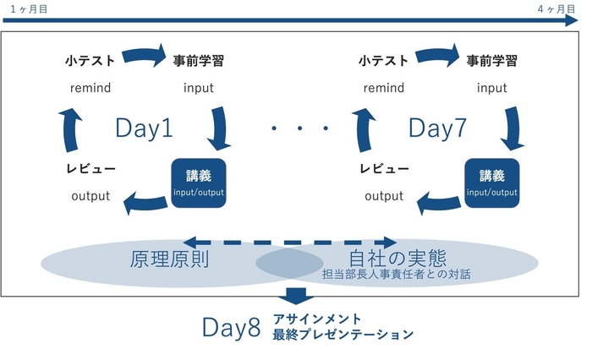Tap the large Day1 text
click(x=144, y=128)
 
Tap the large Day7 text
click(x=437, y=128)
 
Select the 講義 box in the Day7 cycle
click(x=491, y=182)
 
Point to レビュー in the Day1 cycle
click(x=91, y=169)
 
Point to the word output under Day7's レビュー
click(x=383, y=196)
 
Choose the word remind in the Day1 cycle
click(x=90, y=88)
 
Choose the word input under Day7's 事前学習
click(x=491, y=88)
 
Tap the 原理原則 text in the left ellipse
click(x=169, y=258)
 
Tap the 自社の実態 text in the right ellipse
click(x=397, y=255)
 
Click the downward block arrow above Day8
click(x=295, y=296)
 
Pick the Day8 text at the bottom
click(x=230, y=328)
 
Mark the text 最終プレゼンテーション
click(x=343, y=335)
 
